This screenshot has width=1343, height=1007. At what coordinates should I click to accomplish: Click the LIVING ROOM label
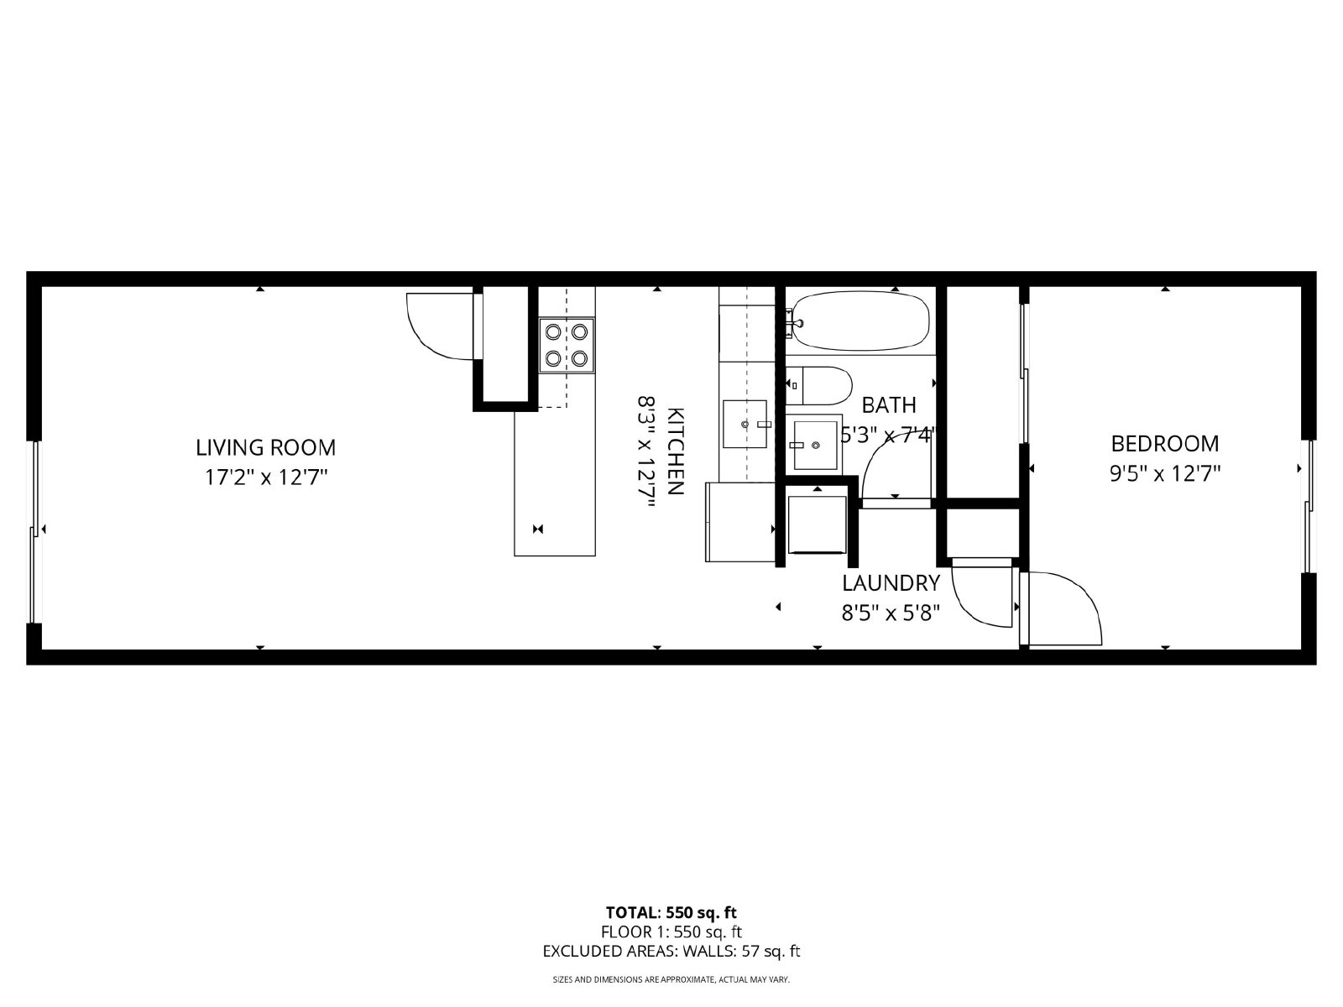[x=265, y=447]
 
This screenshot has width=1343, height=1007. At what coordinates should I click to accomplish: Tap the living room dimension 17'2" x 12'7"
[x=266, y=477]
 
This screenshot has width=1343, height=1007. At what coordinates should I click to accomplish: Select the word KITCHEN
[x=674, y=451]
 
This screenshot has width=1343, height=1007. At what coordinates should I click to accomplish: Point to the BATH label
[x=889, y=404]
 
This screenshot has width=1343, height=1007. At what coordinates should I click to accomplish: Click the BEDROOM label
[x=1165, y=444]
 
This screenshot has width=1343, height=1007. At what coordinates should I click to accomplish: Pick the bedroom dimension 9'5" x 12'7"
[x=1165, y=473]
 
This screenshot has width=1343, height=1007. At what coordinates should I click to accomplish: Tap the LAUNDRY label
[x=891, y=583]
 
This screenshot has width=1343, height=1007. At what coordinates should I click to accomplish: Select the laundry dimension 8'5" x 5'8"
[x=891, y=613]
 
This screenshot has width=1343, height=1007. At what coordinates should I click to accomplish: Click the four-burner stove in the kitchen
[x=567, y=345]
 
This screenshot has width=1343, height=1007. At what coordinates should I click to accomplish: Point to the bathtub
[x=861, y=321]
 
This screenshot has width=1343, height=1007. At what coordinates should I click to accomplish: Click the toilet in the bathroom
[x=819, y=386]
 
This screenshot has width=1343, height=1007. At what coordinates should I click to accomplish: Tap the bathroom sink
[x=815, y=445]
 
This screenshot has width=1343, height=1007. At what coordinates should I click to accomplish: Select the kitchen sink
[x=745, y=424]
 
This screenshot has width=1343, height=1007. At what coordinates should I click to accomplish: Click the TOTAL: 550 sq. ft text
[x=671, y=913]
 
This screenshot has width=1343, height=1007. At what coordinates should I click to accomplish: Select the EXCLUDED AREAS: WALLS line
[x=671, y=951]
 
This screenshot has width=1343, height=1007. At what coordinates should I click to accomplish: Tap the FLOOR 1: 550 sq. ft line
[x=671, y=931]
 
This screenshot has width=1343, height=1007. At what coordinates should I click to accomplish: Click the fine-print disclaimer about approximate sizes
[x=671, y=979]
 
